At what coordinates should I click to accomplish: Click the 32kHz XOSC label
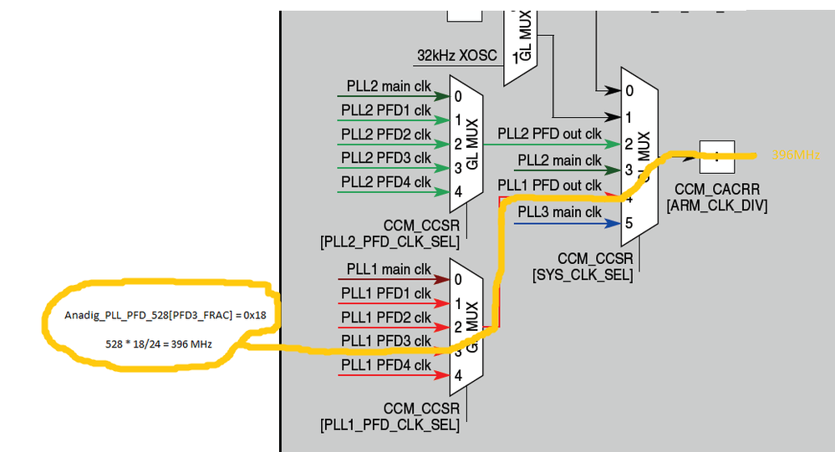pyautogui.click(x=456, y=56)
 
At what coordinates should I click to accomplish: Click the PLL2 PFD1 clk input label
pyautogui.click(x=385, y=111)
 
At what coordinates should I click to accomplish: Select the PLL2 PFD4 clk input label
pyautogui.click(x=385, y=182)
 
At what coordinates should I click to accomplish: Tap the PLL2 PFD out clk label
pyautogui.click(x=549, y=133)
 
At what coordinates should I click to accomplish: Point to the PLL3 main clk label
pyautogui.click(x=559, y=212)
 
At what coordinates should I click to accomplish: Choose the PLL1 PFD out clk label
pyautogui.click(x=549, y=185)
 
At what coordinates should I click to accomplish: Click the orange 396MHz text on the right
pyautogui.click(x=795, y=155)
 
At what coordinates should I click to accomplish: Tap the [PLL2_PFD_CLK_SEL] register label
pyautogui.click(x=389, y=242)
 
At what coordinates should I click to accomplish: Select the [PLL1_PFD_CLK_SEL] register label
pyautogui.click(x=389, y=424)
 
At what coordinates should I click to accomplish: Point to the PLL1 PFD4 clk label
pyautogui.click(x=385, y=365)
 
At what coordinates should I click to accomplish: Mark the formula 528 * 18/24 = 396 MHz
pyautogui.click(x=158, y=344)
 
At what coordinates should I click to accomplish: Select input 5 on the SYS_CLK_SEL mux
pyautogui.click(x=629, y=223)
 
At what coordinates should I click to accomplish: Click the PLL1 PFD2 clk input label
pyautogui.click(x=385, y=317)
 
